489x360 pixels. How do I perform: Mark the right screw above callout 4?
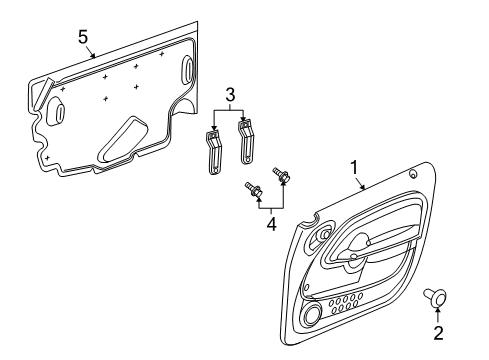coord(283,179)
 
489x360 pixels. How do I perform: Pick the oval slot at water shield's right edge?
coord(189,71)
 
